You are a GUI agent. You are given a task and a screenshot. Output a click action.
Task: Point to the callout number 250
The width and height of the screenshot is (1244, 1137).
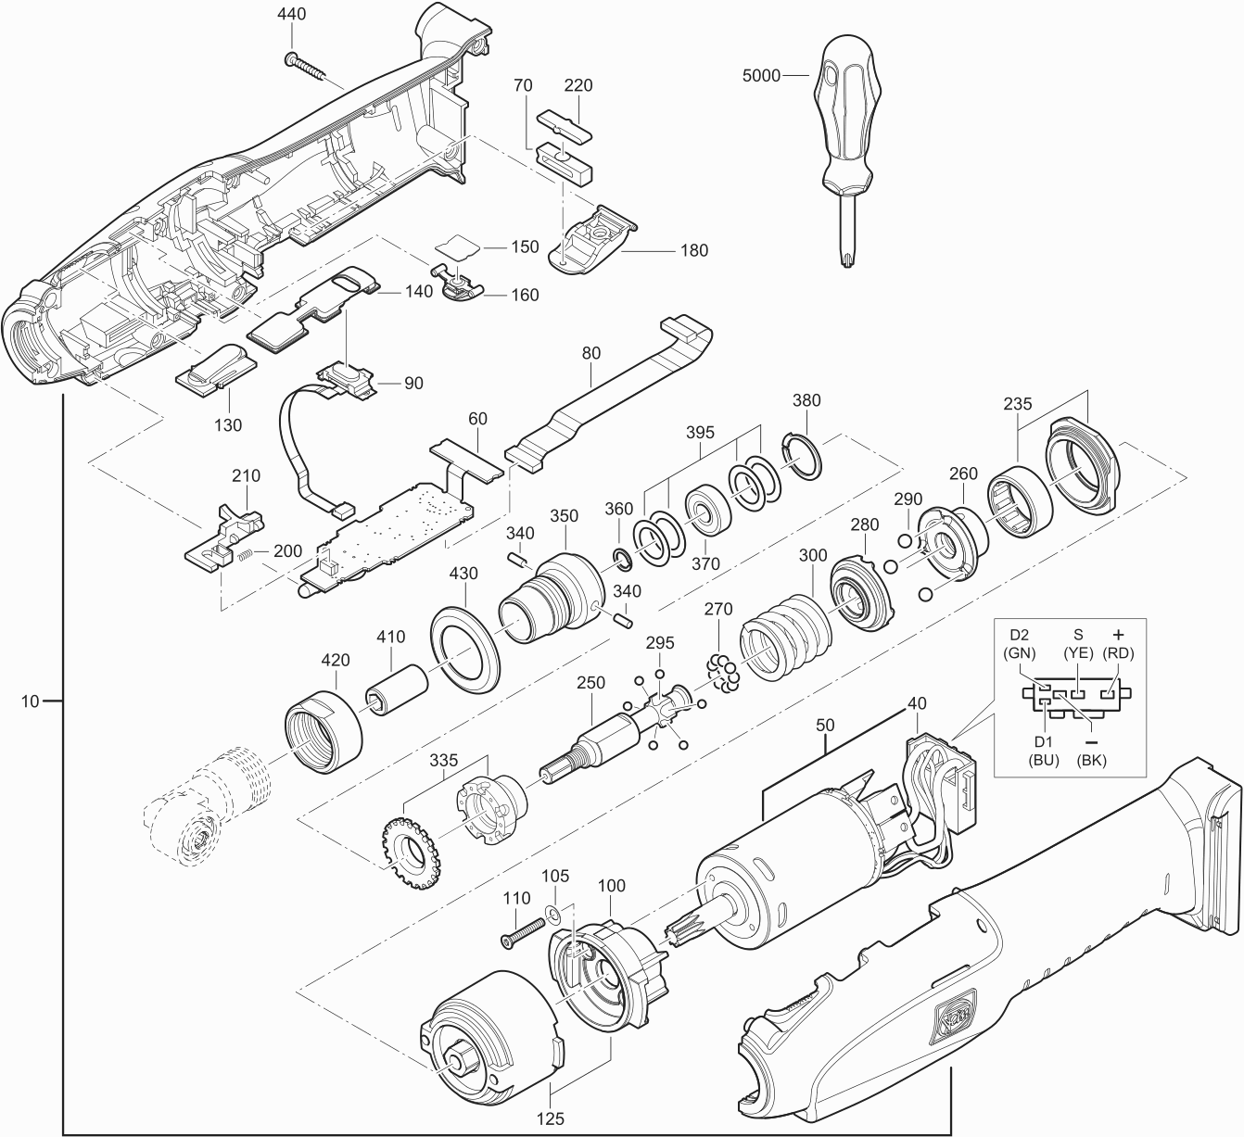point(590,683)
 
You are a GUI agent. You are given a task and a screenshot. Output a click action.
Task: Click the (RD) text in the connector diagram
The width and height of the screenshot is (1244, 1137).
point(1118,651)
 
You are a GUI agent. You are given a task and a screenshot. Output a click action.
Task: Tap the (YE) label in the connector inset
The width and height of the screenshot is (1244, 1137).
point(1077,651)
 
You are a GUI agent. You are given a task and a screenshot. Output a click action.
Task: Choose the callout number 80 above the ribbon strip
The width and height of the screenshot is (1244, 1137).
point(590,353)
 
